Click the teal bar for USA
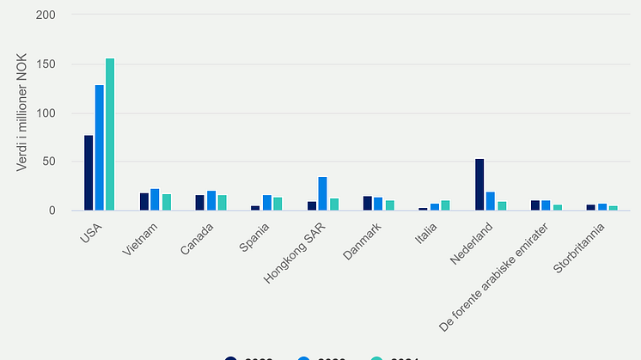(110, 134)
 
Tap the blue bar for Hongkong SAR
(322, 193)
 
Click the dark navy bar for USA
(89, 173)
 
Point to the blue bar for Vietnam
(155, 200)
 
